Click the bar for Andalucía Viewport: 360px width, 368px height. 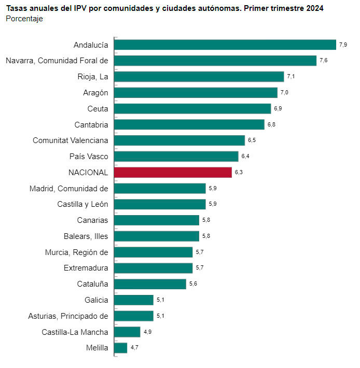225,45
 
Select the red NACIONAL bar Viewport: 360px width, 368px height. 173,173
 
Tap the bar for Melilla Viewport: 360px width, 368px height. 121,348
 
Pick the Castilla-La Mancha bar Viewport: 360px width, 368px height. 127,332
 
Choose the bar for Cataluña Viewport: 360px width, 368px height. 150,284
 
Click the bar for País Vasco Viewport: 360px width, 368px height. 176,157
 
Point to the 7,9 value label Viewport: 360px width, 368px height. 343,45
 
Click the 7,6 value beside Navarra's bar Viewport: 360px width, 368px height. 323,60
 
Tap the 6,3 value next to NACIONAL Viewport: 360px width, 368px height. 239,172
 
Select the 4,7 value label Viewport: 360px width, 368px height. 134,347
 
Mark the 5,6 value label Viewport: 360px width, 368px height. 193,284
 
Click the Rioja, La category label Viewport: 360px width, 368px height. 93,77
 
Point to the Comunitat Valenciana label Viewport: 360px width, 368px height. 71,140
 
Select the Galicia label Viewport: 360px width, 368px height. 96,300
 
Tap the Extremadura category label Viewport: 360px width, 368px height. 86,268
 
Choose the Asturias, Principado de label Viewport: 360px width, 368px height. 68,316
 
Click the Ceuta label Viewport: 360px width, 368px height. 98,109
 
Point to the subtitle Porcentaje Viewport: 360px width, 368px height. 24,19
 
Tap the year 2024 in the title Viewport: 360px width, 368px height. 315,8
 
